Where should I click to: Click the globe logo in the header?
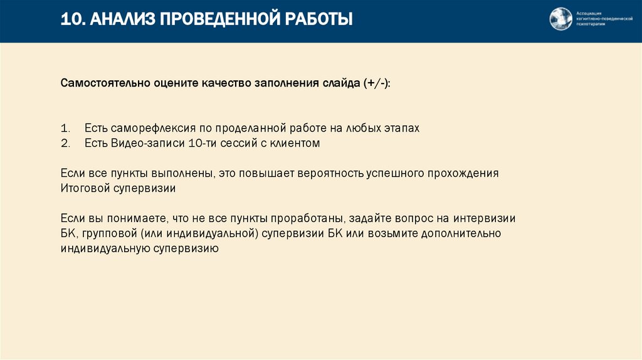coord(560,19)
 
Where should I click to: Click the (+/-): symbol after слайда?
coord(376,83)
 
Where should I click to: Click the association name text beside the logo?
coord(599,19)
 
